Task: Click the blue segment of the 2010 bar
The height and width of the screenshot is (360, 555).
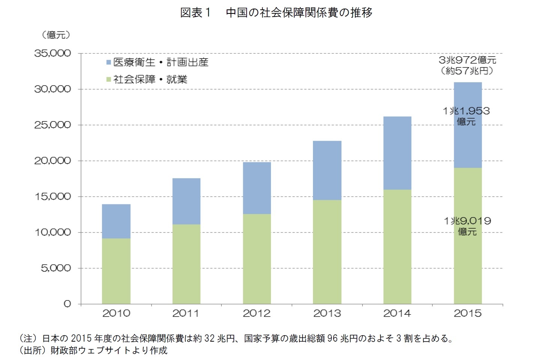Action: [116, 221]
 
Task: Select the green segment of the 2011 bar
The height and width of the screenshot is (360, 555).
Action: [186, 264]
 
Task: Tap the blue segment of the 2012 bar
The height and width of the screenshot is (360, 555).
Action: [257, 188]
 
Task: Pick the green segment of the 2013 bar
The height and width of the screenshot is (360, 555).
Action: [327, 252]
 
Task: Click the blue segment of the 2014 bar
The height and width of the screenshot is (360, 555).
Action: [397, 153]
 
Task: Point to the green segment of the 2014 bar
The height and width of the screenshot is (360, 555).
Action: [397, 246]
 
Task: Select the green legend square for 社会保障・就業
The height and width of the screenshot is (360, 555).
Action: [109, 79]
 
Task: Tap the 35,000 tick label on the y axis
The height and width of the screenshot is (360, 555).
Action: [53, 54]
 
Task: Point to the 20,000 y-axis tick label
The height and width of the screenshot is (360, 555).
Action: [53, 161]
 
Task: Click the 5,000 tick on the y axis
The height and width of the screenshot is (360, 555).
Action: [56, 268]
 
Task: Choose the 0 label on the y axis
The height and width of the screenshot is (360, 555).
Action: [67, 304]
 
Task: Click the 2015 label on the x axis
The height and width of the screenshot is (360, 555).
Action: [467, 313]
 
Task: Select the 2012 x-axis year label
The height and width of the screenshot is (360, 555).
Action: [257, 313]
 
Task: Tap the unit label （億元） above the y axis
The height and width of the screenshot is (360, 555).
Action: [56, 35]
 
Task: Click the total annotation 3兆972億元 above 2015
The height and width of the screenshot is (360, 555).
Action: [467, 60]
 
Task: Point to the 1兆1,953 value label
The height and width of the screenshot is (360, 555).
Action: [466, 111]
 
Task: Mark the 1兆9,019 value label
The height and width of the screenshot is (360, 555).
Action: [467, 221]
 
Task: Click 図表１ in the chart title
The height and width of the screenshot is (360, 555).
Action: [196, 13]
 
